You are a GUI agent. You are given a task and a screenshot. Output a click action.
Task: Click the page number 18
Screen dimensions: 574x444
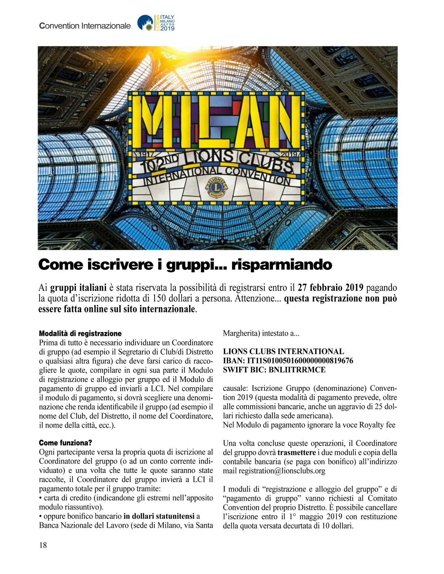pyautogui.click(x=43, y=545)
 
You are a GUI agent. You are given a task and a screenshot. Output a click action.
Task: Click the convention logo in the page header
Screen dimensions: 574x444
pyautogui.click(x=156, y=23)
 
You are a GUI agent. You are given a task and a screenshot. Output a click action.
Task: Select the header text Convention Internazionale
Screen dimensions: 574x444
pyautogui.click(x=85, y=26)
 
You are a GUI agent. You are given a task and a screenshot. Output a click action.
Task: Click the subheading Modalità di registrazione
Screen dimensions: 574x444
pyautogui.click(x=80, y=333)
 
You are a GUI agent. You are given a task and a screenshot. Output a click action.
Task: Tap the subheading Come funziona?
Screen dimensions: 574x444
pyautogui.click(x=65, y=443)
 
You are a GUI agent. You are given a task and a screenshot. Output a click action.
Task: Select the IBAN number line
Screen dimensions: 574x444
pyautogui.click(x=288, y=360)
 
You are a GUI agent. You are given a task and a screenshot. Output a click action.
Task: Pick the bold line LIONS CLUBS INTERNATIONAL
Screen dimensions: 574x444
pyautogui.click(x=283, y=351)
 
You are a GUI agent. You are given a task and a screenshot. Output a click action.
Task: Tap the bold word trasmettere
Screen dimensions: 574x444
pyautogui.click(x=296, y=452)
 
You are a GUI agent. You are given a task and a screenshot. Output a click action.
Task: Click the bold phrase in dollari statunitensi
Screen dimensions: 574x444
pyautogui.click(x=159, y=516)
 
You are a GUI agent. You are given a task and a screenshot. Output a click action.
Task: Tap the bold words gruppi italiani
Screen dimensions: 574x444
pyautogui.click(x=78, y=288)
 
